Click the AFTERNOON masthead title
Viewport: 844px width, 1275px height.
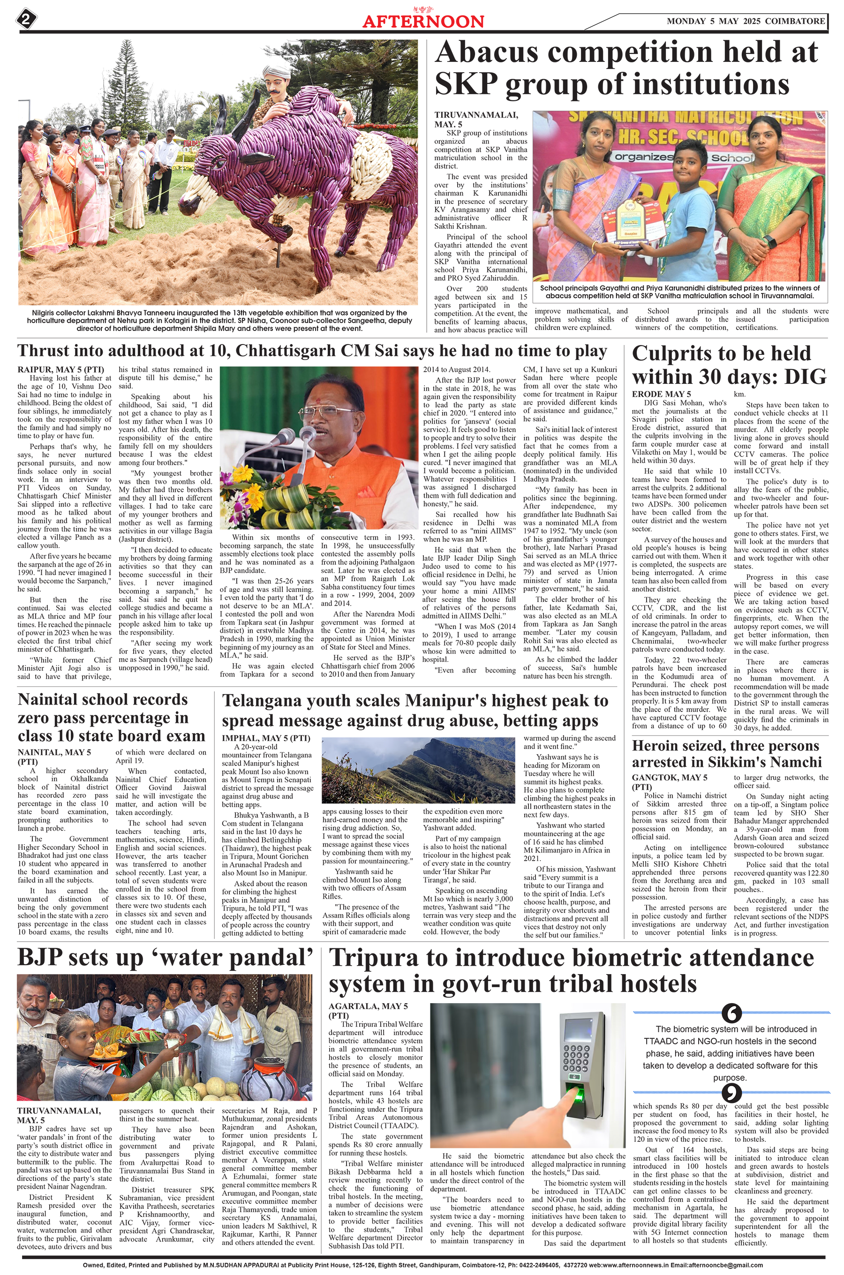click(423, 22)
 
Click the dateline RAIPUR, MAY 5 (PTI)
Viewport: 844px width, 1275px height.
click(60, 369)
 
